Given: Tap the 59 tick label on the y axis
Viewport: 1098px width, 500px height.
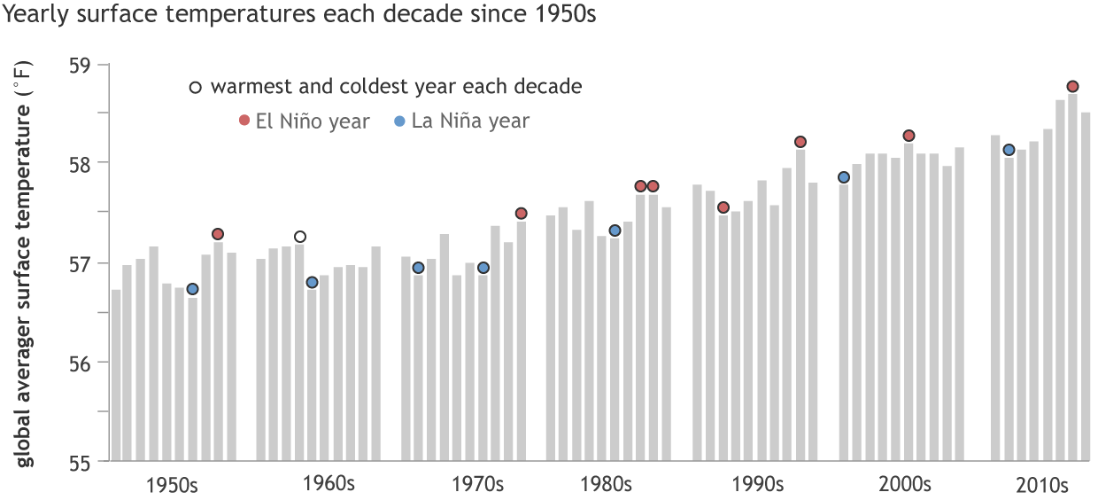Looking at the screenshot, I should point(85,65).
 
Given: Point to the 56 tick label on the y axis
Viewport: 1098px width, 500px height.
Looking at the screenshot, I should point(85,362).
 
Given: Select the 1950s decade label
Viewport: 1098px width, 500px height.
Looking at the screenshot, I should point(172,485).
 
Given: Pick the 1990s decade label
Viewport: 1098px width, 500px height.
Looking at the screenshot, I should point(758,485).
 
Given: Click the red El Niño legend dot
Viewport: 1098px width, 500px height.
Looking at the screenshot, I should point(244,121).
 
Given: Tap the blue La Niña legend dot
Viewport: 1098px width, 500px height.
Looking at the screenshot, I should point(399,121).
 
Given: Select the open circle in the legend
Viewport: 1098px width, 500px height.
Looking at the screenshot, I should point(196,88).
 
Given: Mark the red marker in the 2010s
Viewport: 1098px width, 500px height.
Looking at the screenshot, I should point(1072,86).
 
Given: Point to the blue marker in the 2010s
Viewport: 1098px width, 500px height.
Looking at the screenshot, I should point(1009,150).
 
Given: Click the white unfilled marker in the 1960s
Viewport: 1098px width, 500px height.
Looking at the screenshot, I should point(300,237).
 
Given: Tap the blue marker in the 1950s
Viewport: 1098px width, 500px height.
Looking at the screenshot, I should point(192,289).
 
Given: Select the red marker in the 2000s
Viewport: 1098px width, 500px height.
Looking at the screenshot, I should point(909,136).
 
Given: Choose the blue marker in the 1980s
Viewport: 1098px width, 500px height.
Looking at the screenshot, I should point(615,230).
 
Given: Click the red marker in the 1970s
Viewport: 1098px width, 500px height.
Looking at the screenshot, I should point(522,214).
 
